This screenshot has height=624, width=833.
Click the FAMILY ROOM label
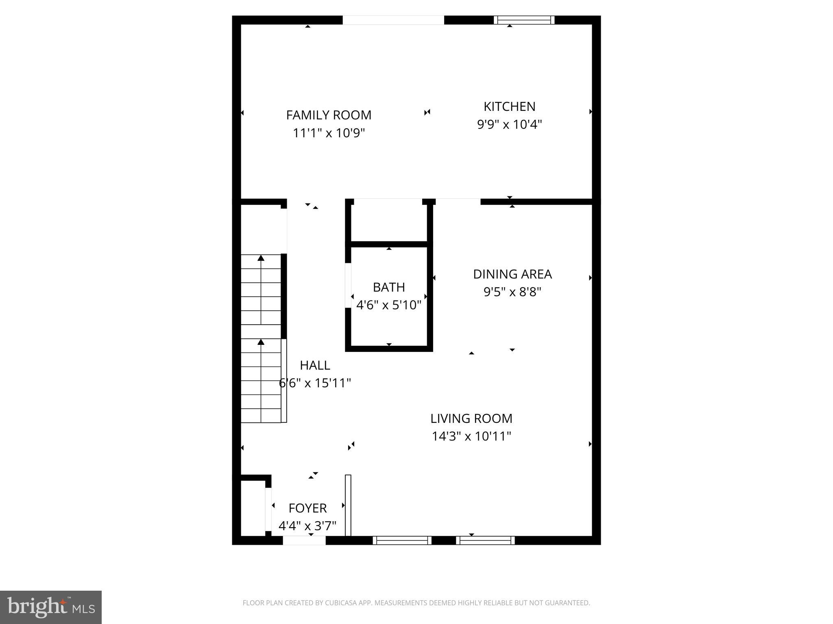point(329,115)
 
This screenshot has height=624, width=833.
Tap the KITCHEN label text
point(509,106)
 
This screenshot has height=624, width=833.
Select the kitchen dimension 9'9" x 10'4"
point(509,124)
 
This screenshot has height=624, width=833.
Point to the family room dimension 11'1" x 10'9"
point(329,133)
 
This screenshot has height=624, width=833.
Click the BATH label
point(389,287)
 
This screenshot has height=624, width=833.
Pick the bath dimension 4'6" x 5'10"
point(389,305)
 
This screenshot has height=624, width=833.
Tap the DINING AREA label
point(512,274)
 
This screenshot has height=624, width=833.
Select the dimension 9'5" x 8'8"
point(512,292)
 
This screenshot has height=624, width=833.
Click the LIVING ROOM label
point(471,418)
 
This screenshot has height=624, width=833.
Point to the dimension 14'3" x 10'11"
point(471,436)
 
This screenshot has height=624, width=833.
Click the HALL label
point(315,366)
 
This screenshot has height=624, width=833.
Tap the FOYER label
point(307,508)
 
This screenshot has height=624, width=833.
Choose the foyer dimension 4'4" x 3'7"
point(307,526)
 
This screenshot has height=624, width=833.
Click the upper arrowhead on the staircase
point(261,258)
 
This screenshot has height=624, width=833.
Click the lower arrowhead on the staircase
point(261,342)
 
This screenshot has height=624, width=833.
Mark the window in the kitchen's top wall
point(524,20)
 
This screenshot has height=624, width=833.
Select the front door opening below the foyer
point(304,540)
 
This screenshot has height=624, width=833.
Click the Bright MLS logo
point(51,607)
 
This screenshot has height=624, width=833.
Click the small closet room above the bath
point(389,222)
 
